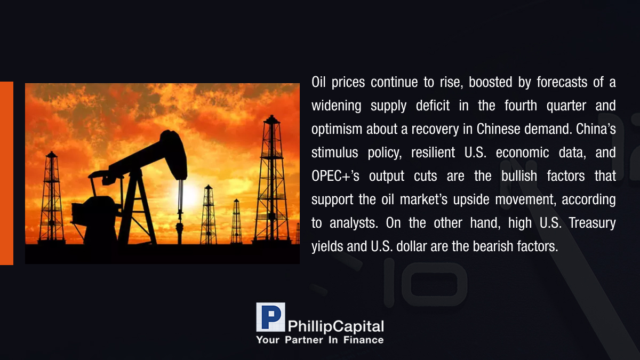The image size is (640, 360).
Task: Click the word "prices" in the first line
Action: pyautogui.click(x=348, y=83)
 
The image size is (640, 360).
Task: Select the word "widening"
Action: pyautogui.click(x=337, y=106)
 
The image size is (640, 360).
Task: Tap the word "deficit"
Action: pyautogui.click(x=433, y=106)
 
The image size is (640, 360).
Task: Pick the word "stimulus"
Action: pyautogui.click(x=334, y=153)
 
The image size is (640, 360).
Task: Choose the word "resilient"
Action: pyautogui.click(x=433, y=153)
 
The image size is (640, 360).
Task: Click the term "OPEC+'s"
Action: pyautogui.click(x=335, y=176)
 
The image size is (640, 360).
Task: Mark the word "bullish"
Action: pyautogui.click(x=519, y=175)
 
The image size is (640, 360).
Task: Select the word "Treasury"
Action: pyautogui.click(x=592, y=223)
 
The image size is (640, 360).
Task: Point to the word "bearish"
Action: pyautogui.click(x=493, y=246)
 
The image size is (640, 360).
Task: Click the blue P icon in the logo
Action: pyautogui.click(x=270, y=317)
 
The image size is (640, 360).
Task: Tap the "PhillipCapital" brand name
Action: pyautogui.click(x=335, y=326)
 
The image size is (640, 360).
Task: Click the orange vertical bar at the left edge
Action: pyautogui.click(x=6, y=173)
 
